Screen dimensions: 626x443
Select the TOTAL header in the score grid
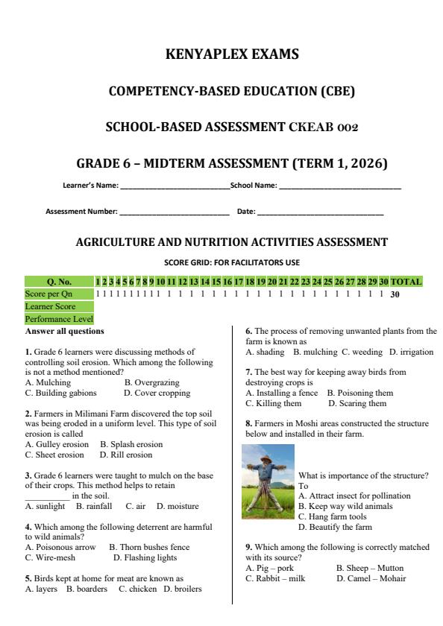tap(406, 282)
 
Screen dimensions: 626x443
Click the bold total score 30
tap(396, 294)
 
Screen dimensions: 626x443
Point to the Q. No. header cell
tap(59, 282)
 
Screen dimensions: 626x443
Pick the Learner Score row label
tap(50, 306)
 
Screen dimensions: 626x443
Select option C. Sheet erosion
tap(54, 455)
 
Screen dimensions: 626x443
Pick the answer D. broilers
tap(183, 589)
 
